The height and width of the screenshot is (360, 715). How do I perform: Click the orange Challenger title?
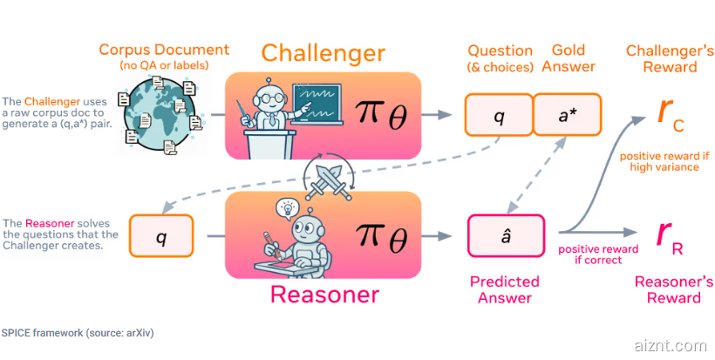pos(323,53)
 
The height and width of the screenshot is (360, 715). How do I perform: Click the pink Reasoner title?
pos(324,295)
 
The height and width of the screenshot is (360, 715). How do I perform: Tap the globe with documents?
pos(160,114)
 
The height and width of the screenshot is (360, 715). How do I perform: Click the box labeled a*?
pos(568,114)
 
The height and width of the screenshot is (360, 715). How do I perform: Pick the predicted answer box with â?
pos(506,236)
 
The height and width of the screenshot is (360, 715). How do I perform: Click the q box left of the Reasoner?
pos(161,236)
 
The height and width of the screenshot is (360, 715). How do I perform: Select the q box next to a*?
pos(500,114)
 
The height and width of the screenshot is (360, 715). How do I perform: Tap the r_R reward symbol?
pos(670,237)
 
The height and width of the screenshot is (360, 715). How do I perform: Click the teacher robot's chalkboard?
pos(317,104)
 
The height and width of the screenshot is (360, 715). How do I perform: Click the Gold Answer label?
pos(569,58)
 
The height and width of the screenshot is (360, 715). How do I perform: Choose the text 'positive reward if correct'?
pos(598,255)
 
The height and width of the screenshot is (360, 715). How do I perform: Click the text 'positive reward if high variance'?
pos(664,162)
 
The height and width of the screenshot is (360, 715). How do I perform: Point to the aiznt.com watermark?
pos(671,346)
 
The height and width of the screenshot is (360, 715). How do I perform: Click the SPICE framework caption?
pos(78,333)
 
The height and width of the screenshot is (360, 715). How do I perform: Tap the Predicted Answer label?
pos(505,289)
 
